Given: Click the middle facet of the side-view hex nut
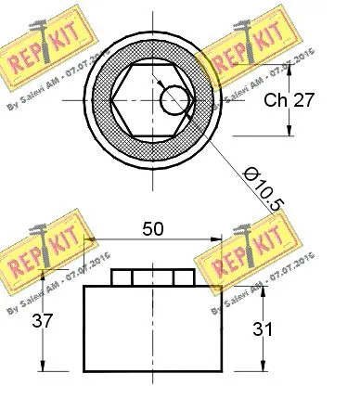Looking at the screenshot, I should pyautogui.click(x=153, y=277).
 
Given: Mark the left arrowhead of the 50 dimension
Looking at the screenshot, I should pyautogui.click(x=90, y=239).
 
